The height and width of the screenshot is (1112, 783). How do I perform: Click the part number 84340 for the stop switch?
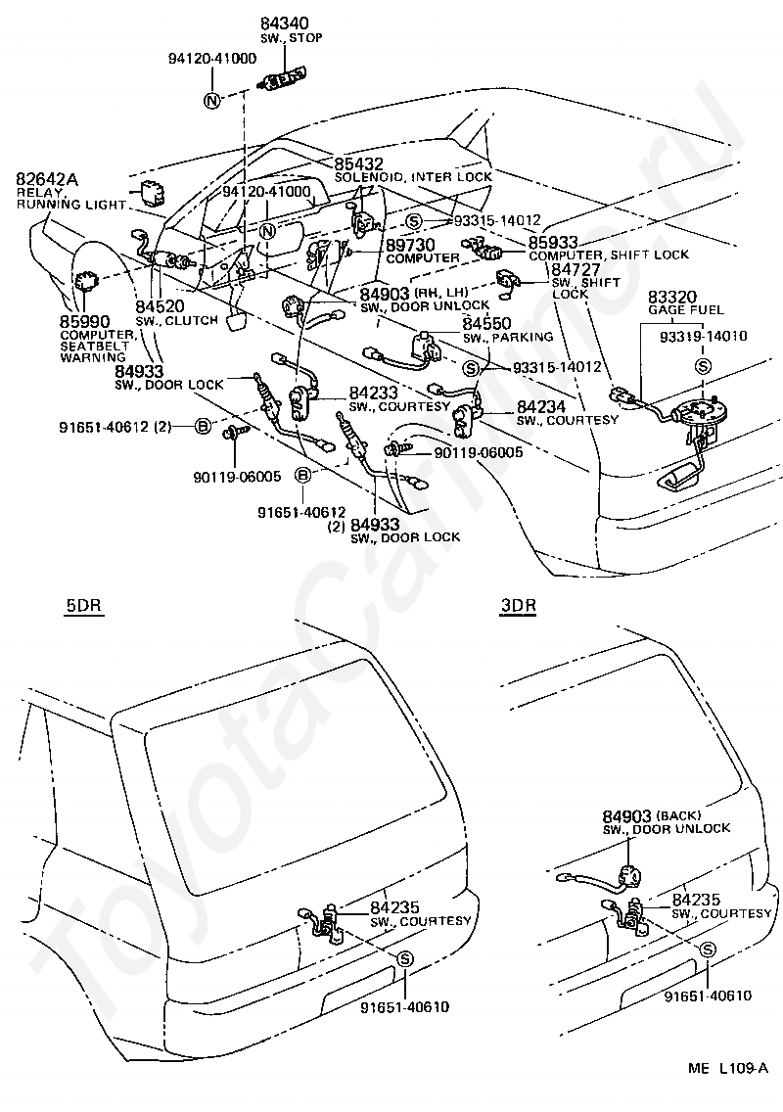click(x=285, y=24)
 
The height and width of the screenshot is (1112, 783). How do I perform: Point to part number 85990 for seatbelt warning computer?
click(x=84, y=321)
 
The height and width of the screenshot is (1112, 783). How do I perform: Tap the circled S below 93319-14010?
click(x=703, y=366)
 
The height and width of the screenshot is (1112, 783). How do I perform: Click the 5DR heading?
click(x=83, y=608)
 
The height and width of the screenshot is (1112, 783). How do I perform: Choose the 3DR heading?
click(x=518, y=606)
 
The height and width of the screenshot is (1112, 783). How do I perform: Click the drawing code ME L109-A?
click(x=727, y=1088)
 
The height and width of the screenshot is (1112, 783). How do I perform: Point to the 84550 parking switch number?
click(x=486, y=324)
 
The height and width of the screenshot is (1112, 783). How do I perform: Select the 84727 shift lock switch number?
click(x=576, y=269)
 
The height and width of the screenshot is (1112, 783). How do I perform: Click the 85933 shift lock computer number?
click(x=553, y=242)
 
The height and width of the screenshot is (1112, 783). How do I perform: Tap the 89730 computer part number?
click(x=411, y=245)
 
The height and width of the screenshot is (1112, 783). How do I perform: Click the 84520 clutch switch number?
click(x=160, y=306)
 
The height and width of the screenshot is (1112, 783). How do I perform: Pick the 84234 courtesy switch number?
click(x=541, y=406)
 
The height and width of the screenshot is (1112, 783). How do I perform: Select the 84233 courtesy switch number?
click(x=373, y=393)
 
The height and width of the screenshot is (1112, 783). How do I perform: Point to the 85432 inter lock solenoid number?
click(x=359, y=163)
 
